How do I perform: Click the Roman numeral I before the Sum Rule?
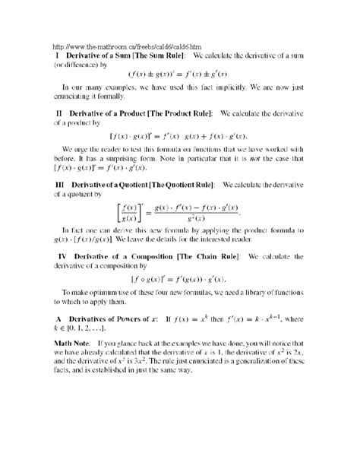tap(55, 55)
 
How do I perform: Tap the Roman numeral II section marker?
tap(57, 112)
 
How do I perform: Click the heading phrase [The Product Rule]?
tap(181, 112)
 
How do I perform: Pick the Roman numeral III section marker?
tap(58, 184)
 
